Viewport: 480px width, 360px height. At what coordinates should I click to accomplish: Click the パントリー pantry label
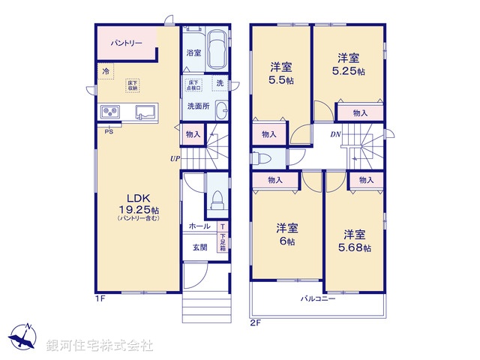click(127, 43)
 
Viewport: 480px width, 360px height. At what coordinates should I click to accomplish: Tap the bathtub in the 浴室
click(217, 49)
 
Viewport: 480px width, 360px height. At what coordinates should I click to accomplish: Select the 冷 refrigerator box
click(106, 70)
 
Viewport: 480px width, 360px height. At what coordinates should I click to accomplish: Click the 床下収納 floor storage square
click(133, 85)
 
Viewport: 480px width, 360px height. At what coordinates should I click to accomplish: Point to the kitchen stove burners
click(110, 112)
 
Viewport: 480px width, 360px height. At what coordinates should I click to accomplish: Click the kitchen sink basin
click(144, 112)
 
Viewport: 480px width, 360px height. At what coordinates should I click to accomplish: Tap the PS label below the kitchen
click(109, 132)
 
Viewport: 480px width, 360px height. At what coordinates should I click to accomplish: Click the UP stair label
click(174, 158)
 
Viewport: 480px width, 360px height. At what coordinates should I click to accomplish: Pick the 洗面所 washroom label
click(198, 106)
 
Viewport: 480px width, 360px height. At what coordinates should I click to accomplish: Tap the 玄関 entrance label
click(199, 247)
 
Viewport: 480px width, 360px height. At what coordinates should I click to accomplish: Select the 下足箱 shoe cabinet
click(222, 240)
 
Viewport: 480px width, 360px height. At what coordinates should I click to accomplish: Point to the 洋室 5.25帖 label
click(348, 64)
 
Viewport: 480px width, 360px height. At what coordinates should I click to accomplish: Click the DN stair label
click(337, 134)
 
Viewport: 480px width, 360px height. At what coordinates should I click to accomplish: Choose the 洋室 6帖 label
click(286, 235)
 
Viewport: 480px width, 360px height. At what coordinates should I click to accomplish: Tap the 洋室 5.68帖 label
click(355, 240)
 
